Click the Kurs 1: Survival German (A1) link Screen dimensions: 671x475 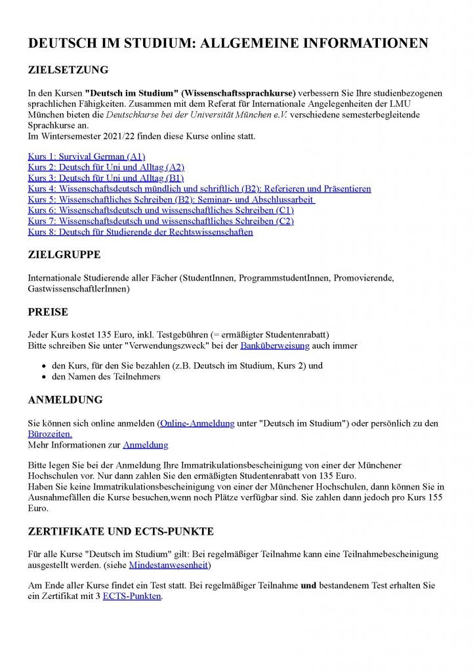pyautogui.click(x=86, y=157)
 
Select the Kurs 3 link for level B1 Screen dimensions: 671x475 pyautogui.click(x=106, y=178)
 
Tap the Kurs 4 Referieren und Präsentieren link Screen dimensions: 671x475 pyautogui.click(x=199, y=189)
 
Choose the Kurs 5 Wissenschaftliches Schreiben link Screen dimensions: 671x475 pyautogui.click(x=171, y=199)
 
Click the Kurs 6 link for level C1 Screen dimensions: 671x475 pyautogui.click(x=161, y=210)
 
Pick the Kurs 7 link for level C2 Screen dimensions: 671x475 pyautogui.click(x=161, y=221)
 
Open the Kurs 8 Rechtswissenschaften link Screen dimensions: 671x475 pyautogui.click(x=140, y=232)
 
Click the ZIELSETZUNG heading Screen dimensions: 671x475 pyautogui.click(x=68, y=70)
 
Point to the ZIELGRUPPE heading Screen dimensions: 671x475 pyautogui.click(x=64, y=255)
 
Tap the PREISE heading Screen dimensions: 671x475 pyautogui.click(x=48, y=312)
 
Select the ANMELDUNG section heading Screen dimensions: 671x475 pyautogui.click(x=65, y=400)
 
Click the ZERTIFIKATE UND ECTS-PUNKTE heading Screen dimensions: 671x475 pyautogui.click(x=121, y=531)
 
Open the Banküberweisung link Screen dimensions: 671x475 pyautogui.click(x=266, y=345)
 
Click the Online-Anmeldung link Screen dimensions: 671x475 pyautogui.click(x=197, y=424)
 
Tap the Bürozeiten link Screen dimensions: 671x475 pyautogui.click(x=50, y=434)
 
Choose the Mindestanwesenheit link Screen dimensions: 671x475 pyautogui.click(x=169, y=564)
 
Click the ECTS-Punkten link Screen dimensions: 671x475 pyautogui.click(x=132, y=596)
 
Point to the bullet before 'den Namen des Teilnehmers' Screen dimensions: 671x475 pyautogui.click(x=43, y=377)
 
